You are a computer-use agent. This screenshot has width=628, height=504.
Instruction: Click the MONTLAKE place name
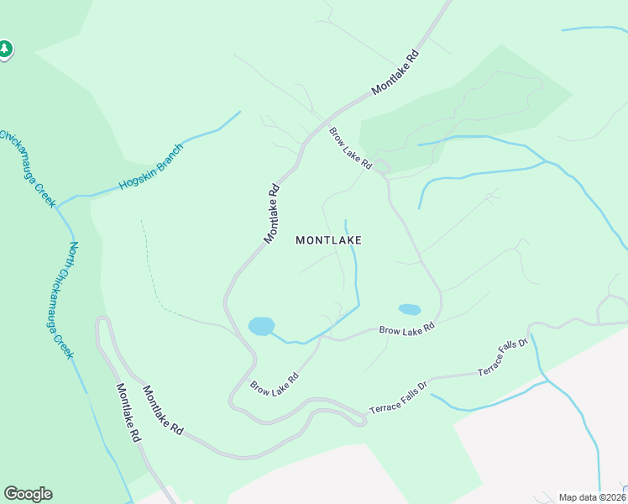point(328,240)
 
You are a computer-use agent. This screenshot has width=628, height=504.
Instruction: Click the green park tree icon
point(5,50)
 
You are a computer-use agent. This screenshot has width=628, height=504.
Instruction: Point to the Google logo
point(28,494)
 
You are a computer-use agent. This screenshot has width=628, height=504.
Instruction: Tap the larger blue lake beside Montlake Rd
point(261,326)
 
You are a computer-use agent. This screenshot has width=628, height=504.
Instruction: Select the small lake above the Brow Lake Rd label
point(409,309)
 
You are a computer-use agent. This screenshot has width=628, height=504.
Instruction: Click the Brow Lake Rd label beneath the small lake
point(406,329)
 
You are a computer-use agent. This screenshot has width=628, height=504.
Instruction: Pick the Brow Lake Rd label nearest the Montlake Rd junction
point(350,149)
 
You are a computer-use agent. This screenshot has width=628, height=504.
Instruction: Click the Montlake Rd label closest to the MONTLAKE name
point(271,214)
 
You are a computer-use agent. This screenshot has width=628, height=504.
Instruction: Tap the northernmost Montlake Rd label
point(395,72)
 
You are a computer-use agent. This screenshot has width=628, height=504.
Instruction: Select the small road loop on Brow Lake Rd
point(382,166)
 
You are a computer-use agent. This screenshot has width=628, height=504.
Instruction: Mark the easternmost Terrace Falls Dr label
point(502,358)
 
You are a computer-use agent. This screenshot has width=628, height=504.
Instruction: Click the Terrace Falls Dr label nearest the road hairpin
point(399,398)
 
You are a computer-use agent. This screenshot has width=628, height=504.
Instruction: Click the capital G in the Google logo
point(11,494)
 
